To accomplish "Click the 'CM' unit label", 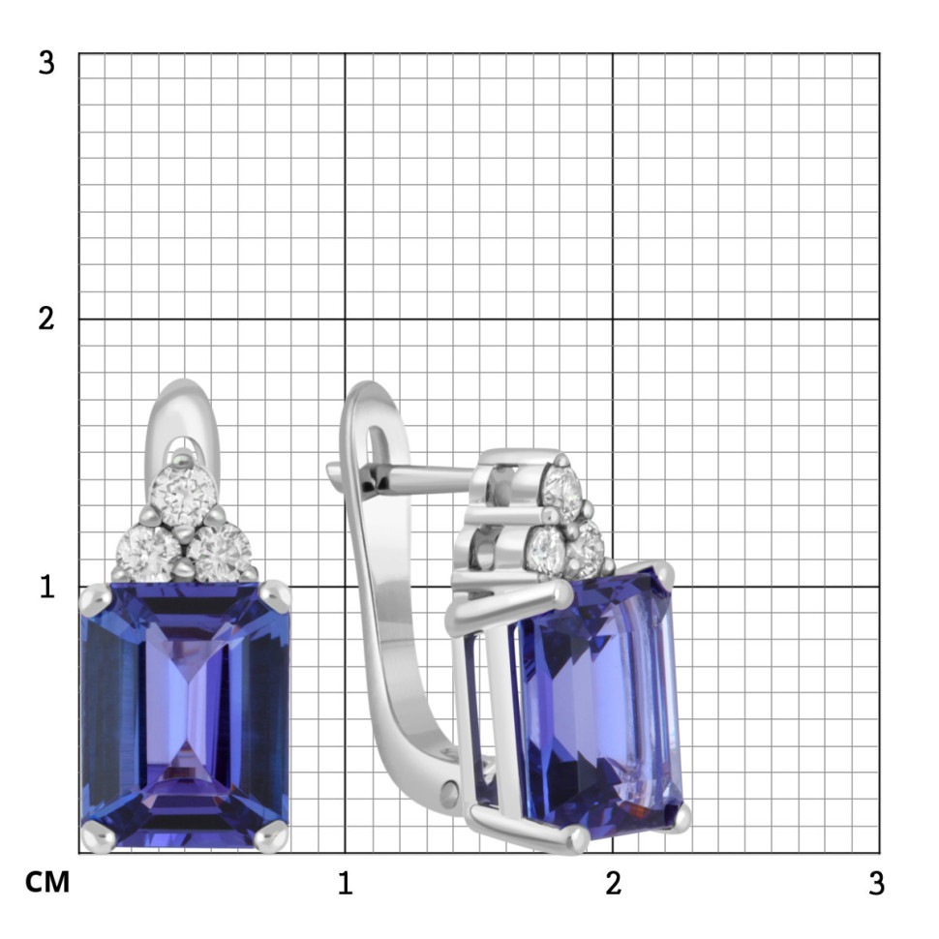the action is (x=47, y=882).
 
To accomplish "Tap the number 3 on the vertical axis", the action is (x=46, y=62).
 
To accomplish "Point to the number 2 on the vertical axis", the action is (x=46, y=318).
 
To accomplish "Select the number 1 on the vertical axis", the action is (x=47, y=587).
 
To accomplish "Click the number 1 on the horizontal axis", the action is (x=345, y=883).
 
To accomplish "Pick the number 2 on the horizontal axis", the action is (x=613, y=883).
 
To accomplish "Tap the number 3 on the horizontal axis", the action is (x=877, y=883).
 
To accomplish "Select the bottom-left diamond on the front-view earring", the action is (x=148, y=554).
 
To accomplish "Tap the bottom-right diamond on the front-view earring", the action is (x=220, y=554).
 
